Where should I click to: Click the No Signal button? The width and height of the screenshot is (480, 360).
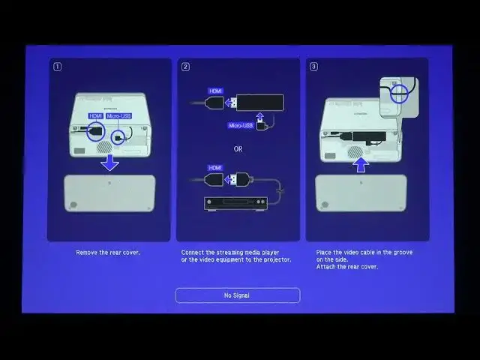pos(238,295)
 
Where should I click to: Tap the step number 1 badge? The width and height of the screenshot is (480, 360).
pos(57,67)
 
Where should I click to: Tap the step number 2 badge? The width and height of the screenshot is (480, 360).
pos(186,67)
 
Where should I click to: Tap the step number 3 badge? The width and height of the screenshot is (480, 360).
pos(313,67)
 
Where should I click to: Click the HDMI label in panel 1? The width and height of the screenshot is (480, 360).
pos(95,116)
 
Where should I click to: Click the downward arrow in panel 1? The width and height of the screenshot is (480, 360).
pos(109,163)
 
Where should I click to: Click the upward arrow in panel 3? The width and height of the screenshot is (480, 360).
pos(361,163)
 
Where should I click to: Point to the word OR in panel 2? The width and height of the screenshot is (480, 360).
pos(238,148)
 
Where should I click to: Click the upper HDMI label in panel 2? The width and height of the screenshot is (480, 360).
pos(215,91)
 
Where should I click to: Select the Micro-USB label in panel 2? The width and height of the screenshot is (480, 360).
pos(240,125)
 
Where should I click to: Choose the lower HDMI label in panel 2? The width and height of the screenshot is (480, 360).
pos(215,167)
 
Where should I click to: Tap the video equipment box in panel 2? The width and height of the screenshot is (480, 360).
pos(235,202)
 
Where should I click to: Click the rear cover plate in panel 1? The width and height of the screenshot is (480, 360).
pos(109,193)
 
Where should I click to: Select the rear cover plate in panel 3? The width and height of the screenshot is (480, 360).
pos(361,193)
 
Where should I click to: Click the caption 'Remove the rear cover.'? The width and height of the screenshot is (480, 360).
pos(108,253)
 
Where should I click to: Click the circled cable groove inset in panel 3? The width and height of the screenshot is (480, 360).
pos(400,94)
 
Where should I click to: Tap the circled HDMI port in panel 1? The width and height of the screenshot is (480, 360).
pos(95,133)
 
